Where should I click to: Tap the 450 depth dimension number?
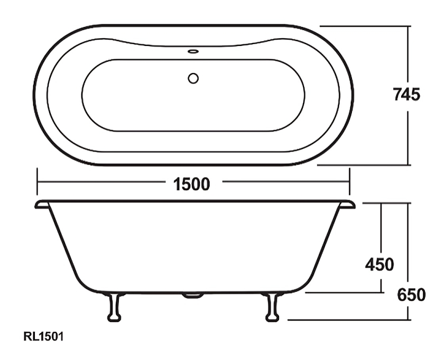(x=379, y=264)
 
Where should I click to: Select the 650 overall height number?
(x=411, y=295)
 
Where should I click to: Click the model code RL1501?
(x=43, y=337)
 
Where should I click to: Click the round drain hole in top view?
(x=193, y=79)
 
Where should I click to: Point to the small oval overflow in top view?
(x=193, y=52)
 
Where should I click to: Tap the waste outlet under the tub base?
(x=193, y=295)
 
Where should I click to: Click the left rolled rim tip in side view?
(x=40, y=204)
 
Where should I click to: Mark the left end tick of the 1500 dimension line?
(x=37, y=182)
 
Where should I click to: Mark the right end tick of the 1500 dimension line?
(x=349, y=182)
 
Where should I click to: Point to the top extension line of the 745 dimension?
(x=365, y=26)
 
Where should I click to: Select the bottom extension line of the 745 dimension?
(x=365, y=165)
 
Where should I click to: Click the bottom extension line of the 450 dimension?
(x=344, y=292)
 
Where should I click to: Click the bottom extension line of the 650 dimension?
(x=349, y=319)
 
